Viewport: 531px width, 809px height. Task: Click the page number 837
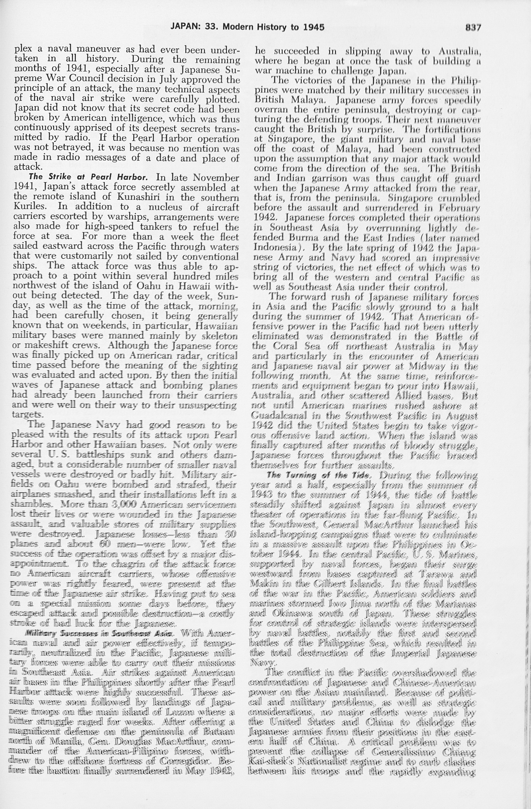(473, 27)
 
